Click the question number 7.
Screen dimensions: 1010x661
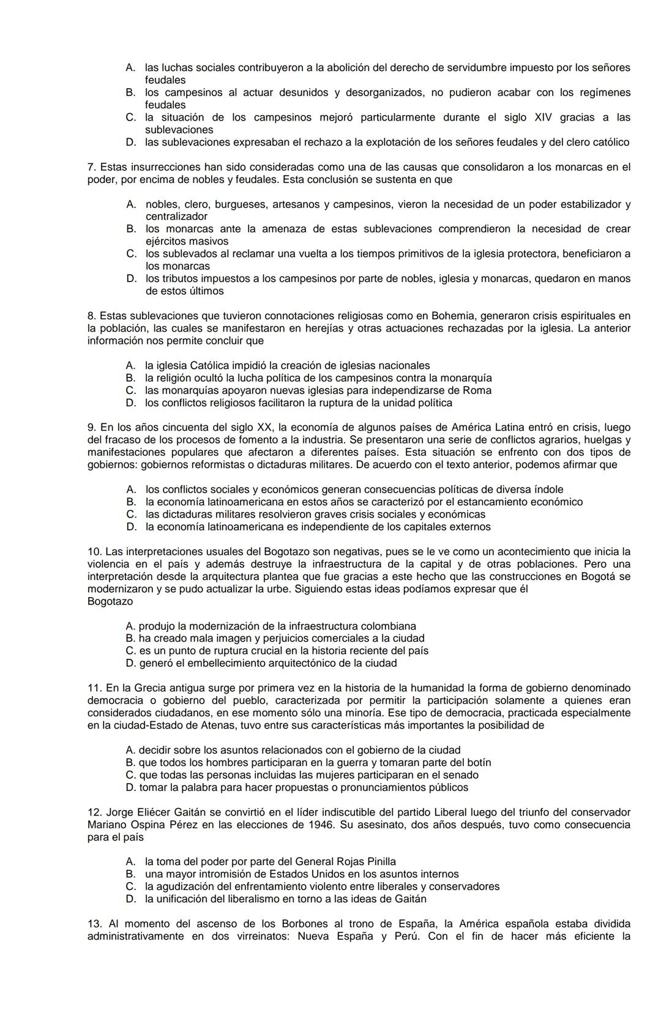point(92,167)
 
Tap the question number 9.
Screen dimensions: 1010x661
point(92,427)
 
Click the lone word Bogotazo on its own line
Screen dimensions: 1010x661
point(110,601)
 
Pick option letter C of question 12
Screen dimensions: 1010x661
point(130,886)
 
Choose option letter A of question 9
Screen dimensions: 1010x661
point(130,489)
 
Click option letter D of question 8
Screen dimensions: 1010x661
point(130,403)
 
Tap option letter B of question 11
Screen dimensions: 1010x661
point(130,762)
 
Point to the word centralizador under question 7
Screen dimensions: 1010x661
point(176,217)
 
